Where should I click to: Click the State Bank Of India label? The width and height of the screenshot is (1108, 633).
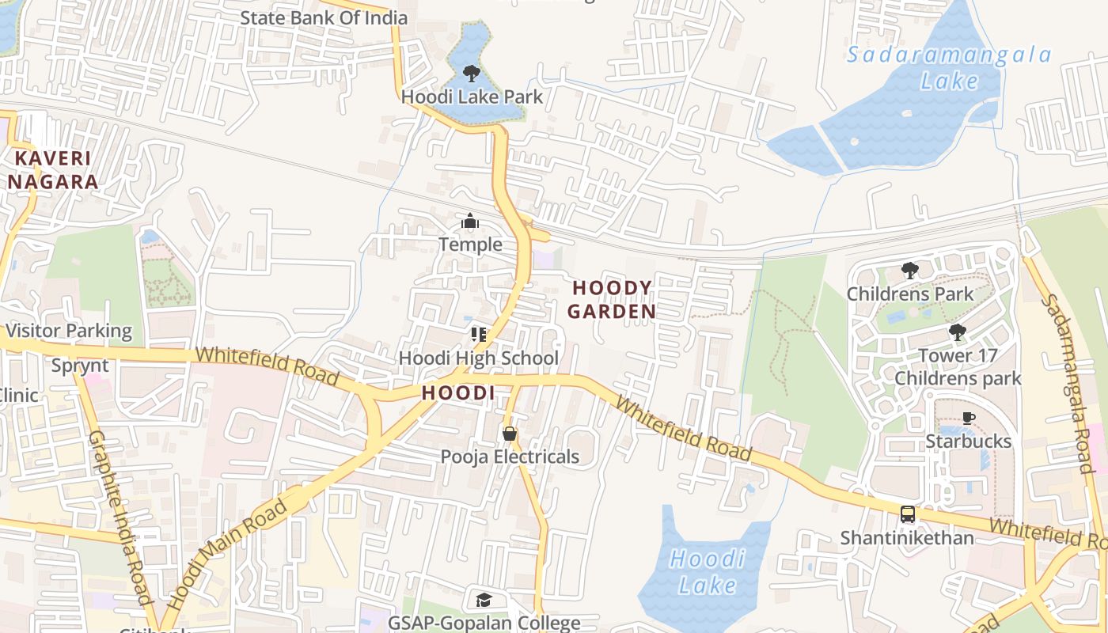(x=324, y=17)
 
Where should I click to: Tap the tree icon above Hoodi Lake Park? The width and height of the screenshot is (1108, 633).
(x=472, y=74)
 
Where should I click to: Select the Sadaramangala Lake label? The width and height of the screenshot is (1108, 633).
(x=949, y=67)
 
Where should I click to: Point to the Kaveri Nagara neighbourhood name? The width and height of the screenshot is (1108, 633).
(x=53, y=169)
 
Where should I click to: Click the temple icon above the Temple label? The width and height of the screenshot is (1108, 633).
(x=470, y=222)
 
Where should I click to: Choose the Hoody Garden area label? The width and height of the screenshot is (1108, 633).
(x=612, y=299)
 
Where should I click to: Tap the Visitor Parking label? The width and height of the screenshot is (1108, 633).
(x=68, y=331)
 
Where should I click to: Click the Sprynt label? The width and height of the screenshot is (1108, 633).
(x=80, y=366)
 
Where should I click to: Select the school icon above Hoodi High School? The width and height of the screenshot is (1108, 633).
(x=478, y=335)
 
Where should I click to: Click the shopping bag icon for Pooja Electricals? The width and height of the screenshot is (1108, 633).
(x=510, y=434)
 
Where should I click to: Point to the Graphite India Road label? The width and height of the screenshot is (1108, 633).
(x=120, y=518)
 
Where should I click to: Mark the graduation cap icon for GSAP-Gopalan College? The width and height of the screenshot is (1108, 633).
(x=484, y=600)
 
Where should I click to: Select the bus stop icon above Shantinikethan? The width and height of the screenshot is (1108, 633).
(x=907, y=514)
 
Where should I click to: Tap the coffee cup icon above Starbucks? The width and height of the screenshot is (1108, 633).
(x=968, y=418)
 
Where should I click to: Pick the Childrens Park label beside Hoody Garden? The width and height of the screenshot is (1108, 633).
(x=910, y=294)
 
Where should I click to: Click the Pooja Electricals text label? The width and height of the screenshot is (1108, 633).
(x=510, y=457)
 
